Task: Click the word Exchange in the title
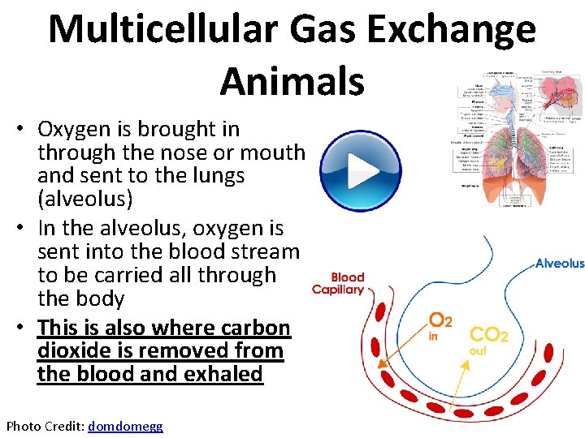pos(454,29)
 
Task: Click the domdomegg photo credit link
pos(125,426)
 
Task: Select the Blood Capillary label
pos(338,283)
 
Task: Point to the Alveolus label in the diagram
pos(559,264)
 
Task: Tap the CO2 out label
pos(488,339)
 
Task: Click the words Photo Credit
pos(45,426)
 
